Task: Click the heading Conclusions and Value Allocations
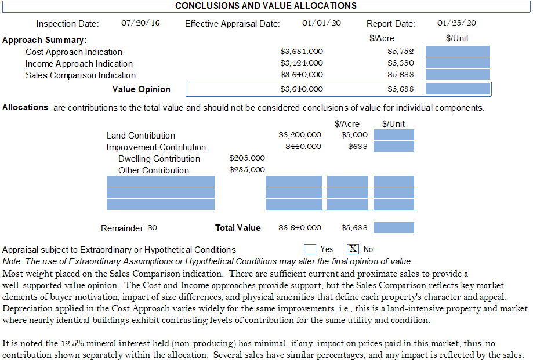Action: (x=266, y=6)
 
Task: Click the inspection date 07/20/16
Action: (x=140, y=23)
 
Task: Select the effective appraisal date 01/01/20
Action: (x=321, y=23)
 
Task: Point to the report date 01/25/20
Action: (x=456, y=23)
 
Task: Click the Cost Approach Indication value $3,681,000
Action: (x=302, y=52)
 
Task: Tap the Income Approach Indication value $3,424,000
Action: (x=302, y=63)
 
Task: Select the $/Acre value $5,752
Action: (x=400, y=52)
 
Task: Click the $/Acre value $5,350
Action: (x=400, y=63)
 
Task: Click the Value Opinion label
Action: (x=142, y=89)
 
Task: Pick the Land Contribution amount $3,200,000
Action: (x=300, y=135)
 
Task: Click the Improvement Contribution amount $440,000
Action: (x=303, y=147)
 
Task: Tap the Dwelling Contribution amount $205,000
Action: (x=247, y=158)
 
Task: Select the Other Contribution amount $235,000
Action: (x=247, y=170)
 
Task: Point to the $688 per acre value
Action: (x=357, y=147)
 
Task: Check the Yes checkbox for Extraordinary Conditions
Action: (x=310, y=249)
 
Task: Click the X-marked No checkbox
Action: (x=353, y=249)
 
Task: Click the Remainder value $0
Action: (x=152, y=228)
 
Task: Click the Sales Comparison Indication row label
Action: (x=81, y=75)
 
